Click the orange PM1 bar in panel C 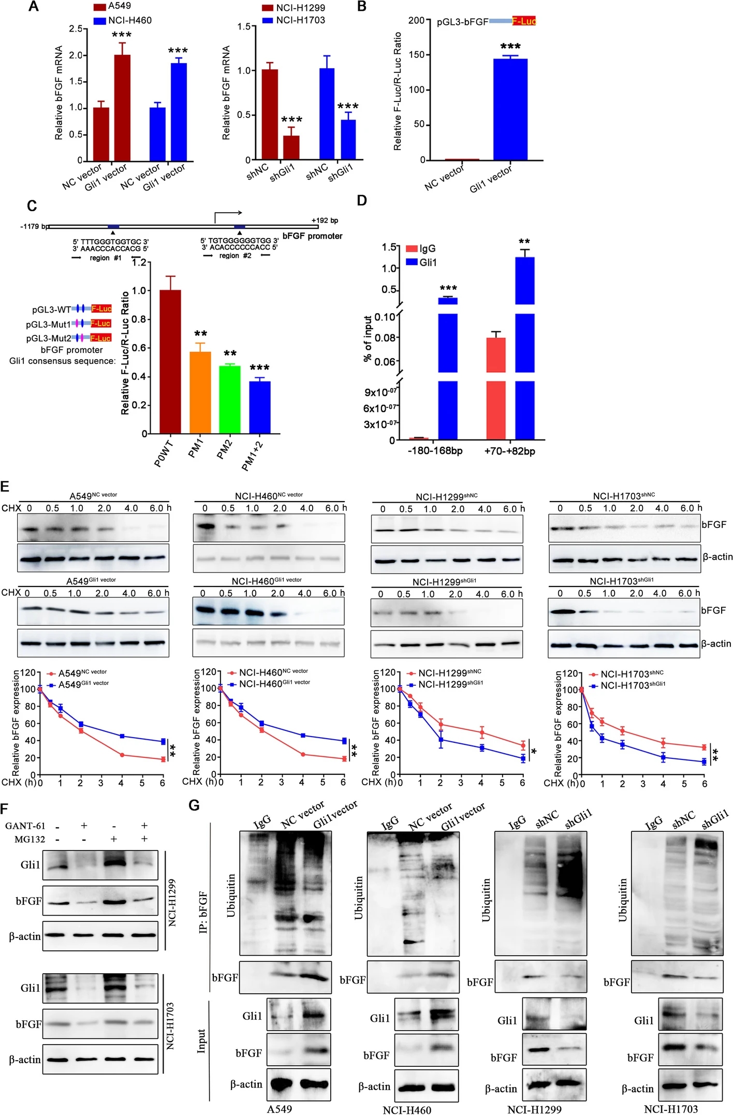200,392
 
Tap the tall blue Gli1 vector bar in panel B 510,109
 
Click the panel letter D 362,200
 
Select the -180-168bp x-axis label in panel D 435,451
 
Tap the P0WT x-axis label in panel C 164,453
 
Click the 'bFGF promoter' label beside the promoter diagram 312,236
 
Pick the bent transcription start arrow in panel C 227,216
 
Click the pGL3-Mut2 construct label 49,338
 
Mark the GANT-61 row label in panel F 25,826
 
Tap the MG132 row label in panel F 30,839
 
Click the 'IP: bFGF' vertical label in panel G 203,912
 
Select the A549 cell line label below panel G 280,1109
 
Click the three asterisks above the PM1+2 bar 259,368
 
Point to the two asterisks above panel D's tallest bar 524,242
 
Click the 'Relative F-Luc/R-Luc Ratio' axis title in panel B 398,91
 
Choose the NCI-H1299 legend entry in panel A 300,7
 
